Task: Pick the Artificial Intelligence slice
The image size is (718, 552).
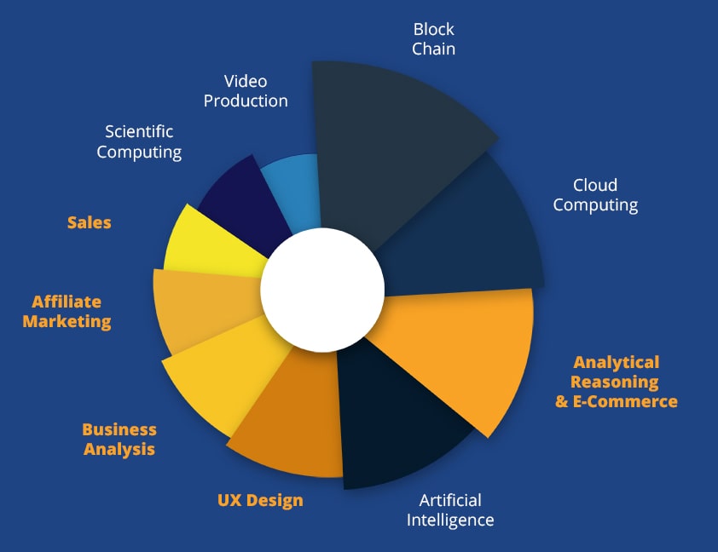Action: (x=401, y=426)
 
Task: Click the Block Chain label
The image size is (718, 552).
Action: (x=433, y=39)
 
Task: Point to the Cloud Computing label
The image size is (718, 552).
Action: (x=595, y=195)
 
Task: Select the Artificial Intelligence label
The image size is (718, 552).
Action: (x=450, y=509)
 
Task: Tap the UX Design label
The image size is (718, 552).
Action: (x=260, y=500)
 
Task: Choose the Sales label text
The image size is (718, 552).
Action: (x=90, y=222)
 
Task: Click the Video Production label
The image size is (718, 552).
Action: (x=246, y=91)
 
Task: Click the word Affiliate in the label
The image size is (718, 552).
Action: (x=67, y=302)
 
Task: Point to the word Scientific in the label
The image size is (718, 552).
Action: (x=139, y=131)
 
